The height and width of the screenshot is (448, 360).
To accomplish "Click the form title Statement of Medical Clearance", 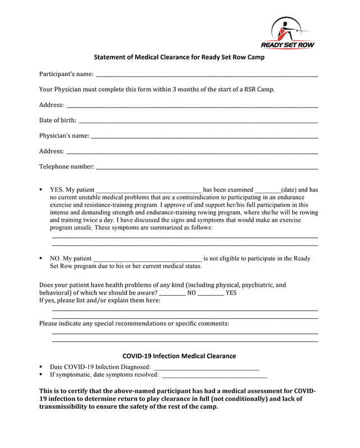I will pyautogui.click(x=179, y=57).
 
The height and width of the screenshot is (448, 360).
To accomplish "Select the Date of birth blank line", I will pyautogui.click(x=198, y=120).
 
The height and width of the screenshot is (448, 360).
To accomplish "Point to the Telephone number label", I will pyautogui.click(x=67, y=166).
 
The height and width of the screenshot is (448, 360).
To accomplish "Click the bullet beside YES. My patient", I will pyautogui.click(x=41, y=190).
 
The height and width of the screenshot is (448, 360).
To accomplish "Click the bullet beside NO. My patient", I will pyautogui.click(x=41, y=258).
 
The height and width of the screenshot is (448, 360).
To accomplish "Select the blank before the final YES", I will pyautogui.click(x=211, y=292).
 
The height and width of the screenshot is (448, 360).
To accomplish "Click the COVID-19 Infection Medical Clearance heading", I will pyautogui.click(x=179, y=356).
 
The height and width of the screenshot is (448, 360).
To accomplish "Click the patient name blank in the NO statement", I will pyautogui.click(x=146, y=259).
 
